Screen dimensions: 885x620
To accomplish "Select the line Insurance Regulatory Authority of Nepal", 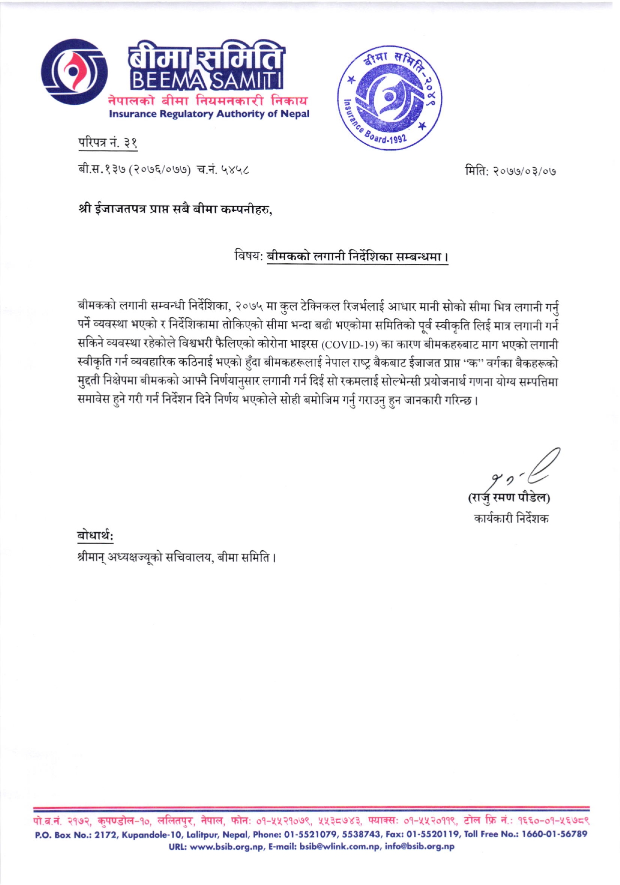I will (209, 114).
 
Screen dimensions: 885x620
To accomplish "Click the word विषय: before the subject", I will (249, 257).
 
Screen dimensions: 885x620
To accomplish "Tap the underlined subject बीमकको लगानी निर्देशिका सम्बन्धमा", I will (357, 257).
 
